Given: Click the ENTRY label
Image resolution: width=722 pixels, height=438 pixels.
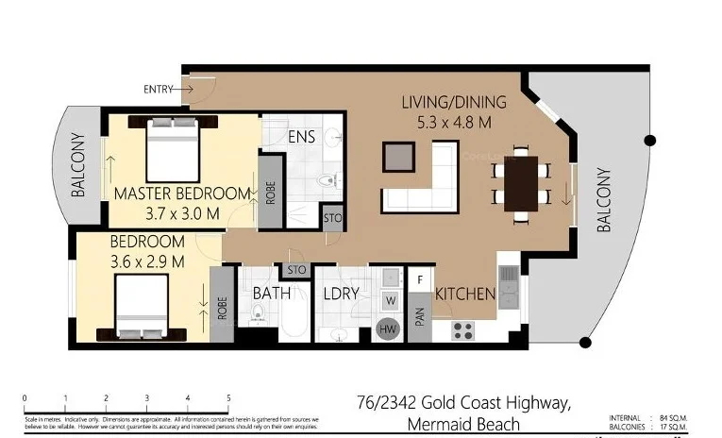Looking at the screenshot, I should point(159,89).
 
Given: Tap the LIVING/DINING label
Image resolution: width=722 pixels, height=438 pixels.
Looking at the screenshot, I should point(454,102).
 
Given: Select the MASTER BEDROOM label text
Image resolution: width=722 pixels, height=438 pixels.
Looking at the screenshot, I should point(182,194).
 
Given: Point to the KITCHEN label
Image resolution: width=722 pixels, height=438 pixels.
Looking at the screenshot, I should point(465,294).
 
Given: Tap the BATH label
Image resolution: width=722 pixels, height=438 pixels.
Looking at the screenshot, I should point(271,294).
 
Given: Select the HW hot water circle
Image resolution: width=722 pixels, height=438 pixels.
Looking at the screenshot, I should point(387,328).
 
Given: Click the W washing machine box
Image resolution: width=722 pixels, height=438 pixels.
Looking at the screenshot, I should point(388,301).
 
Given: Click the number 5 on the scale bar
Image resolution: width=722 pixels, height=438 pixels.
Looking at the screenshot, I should point(228,397).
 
